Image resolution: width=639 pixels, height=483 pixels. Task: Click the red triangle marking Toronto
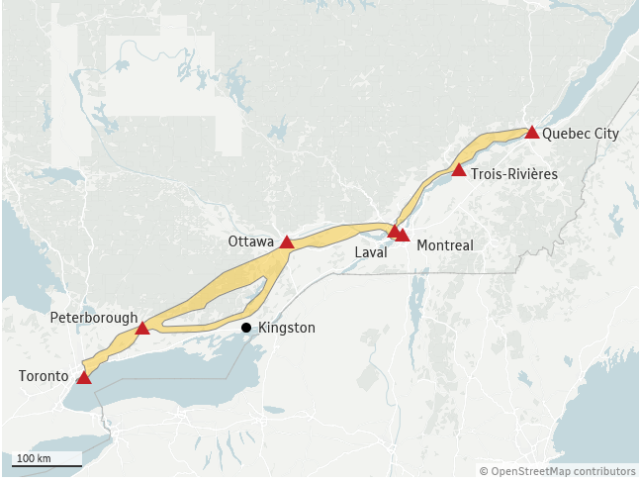coord(84,377)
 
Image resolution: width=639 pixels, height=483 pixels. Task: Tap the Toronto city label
coord(44,376)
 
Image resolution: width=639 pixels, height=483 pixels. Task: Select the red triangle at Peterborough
coord(142,328)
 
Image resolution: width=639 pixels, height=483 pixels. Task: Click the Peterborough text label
coord(94,318)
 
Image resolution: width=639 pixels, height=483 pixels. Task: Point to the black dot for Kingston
coord(246,328)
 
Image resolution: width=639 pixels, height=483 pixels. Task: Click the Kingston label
coord(286,328)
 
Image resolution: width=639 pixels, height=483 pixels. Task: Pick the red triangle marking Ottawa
coord(287,241)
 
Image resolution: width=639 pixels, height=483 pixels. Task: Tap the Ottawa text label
coord(251,241)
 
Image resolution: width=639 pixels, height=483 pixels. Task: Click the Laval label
coord(371,252)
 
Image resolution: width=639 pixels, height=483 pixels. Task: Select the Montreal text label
coord(445,244)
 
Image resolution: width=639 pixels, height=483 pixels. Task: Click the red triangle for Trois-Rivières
coord(459,169)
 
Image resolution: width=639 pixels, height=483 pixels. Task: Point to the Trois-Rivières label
coord(514,173)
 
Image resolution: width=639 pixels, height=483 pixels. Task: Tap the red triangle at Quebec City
coord(532,132)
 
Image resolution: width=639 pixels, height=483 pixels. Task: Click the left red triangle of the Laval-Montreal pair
coord(394,231)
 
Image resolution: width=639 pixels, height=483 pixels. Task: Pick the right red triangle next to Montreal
coord(403,235)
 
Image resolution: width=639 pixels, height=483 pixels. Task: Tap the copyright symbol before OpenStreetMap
coord(485,471)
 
